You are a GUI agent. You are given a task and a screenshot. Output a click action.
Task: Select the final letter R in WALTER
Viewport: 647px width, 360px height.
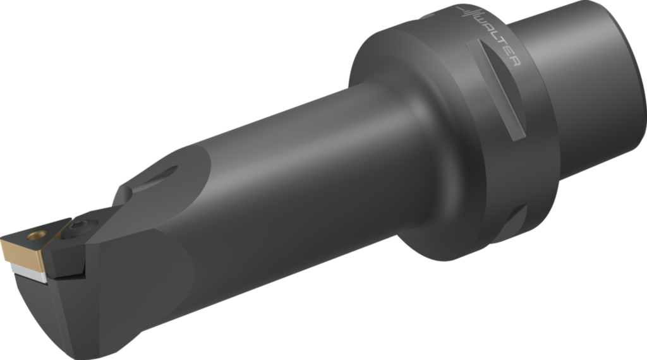(514, 61)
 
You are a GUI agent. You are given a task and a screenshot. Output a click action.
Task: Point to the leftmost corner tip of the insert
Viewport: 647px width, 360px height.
(3, 241)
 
